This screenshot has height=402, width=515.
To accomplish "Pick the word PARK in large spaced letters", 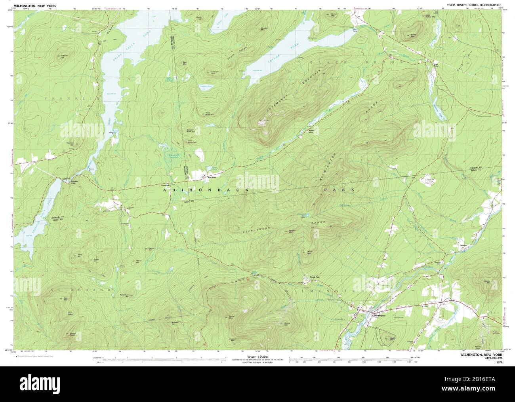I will (338, 190).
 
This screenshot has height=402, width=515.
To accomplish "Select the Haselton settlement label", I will (463, 245).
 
